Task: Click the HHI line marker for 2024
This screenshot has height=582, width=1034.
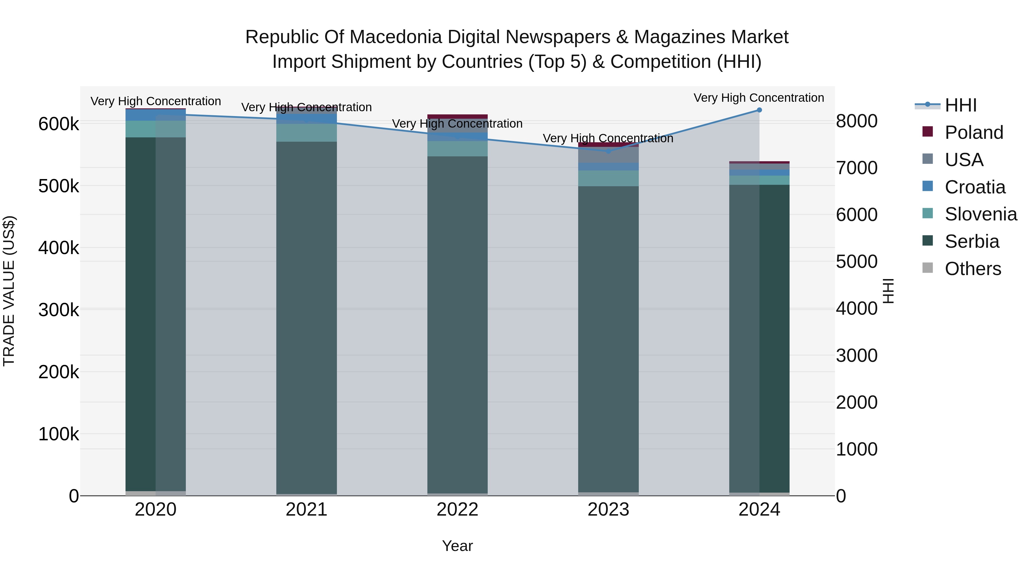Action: click(759, 110)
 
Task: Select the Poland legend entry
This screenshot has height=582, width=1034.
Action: click(974, 132)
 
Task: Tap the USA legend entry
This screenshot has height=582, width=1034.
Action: click(964, 160)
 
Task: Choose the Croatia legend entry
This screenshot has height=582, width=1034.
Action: click(975, 187)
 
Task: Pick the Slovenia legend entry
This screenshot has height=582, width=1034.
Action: click(981, 214)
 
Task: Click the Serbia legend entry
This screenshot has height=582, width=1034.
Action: click(972, 241)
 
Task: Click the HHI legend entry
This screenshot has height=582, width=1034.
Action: click(960, 105)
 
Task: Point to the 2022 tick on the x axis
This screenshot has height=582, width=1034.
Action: click(457, 510)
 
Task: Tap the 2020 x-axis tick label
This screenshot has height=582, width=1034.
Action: click(156, 510)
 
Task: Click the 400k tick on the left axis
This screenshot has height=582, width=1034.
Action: click(59, 248)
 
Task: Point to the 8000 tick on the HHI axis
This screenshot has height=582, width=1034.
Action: click(856, 121)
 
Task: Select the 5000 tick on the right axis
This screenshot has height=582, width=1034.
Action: click(856, 262)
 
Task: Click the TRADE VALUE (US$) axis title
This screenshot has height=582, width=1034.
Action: click(9, 291)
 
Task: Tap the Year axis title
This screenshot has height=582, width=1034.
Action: click(457, 546)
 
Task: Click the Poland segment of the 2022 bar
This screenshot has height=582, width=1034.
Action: click(457, 116)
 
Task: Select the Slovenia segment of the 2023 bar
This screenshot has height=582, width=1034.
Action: click(608, 178)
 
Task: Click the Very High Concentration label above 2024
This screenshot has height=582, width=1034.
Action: click(759, 98)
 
